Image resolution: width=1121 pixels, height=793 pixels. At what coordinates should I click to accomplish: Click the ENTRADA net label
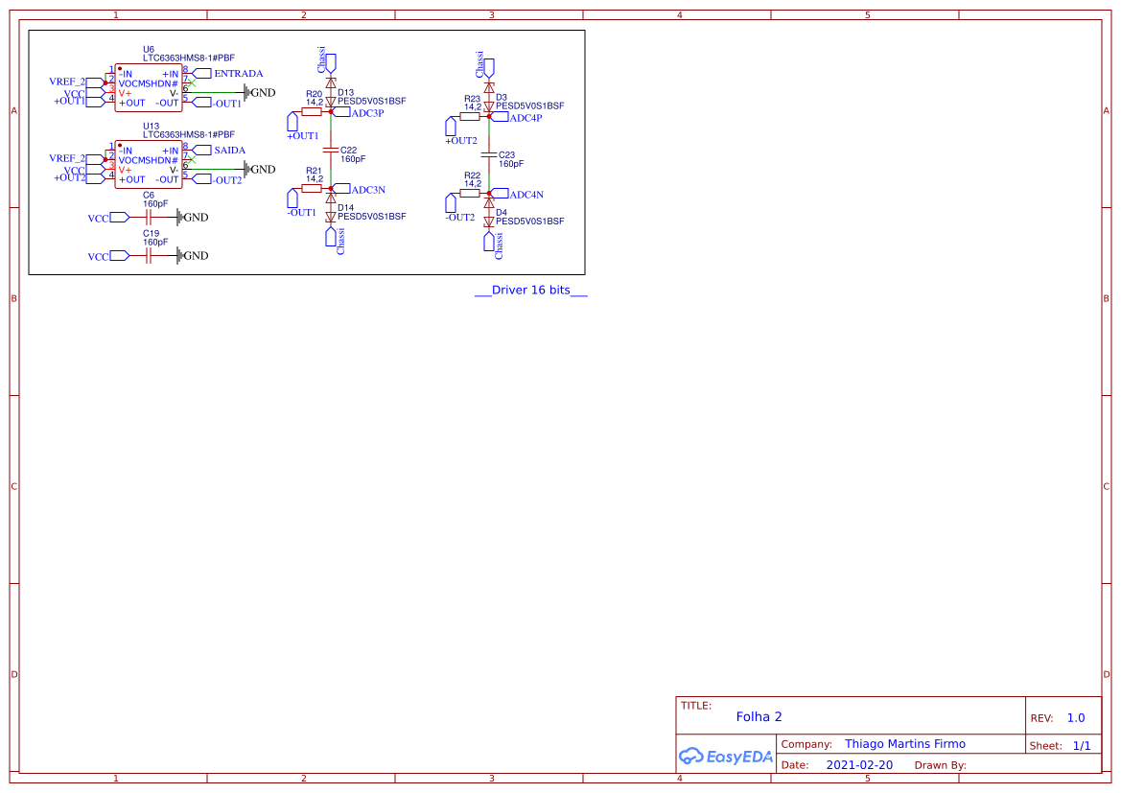point(238,74)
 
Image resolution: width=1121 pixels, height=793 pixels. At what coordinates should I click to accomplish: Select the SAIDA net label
point(229,151)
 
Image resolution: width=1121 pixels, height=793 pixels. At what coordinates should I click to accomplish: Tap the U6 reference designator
point(148,48)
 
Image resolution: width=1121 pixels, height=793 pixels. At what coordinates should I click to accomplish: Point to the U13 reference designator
point(151,126)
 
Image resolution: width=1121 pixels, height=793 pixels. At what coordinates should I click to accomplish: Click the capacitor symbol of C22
point(331,151)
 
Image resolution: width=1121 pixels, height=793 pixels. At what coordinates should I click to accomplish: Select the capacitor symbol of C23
point(489,154)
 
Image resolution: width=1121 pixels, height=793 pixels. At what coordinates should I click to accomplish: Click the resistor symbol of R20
point(312,111)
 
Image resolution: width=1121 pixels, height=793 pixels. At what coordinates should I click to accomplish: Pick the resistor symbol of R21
point(312,188)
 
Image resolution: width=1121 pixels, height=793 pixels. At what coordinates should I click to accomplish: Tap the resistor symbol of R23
point(470,116)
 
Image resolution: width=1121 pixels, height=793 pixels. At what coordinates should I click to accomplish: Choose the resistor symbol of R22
point(470,193)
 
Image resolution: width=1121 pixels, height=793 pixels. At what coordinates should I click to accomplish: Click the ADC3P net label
point(367,113)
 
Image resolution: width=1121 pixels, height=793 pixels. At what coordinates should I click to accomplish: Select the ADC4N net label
point(525,195)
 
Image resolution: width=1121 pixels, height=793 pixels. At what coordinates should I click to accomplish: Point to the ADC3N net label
point(367,190)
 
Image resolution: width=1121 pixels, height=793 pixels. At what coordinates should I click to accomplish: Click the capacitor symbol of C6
point(148,218)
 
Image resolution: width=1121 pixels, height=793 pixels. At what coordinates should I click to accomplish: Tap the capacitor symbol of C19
point(148,256)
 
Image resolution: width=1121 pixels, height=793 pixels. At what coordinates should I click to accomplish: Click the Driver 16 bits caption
point(531,291)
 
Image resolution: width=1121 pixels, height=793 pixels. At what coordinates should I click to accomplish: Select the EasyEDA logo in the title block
point(726,756)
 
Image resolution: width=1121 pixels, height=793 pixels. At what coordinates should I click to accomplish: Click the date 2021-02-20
point(859,765)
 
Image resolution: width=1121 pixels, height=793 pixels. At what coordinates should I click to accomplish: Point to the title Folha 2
point(759,716)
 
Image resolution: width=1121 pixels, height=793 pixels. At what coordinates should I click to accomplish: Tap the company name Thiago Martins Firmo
point(904,744)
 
